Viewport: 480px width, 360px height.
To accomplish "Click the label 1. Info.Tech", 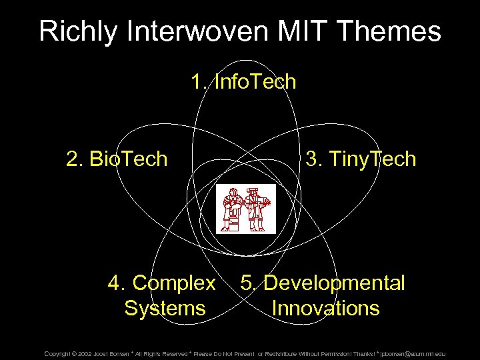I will (x=243, y=83).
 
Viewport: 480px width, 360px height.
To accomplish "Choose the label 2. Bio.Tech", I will (x=117, y=159).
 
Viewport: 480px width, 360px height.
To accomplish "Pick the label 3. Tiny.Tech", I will (x=360, y=159).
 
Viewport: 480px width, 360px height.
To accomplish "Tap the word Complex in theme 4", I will (x=174, y=283).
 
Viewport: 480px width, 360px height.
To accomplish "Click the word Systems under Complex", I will (x=165, y=309).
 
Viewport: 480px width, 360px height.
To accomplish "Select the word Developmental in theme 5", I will (x=334, y=283).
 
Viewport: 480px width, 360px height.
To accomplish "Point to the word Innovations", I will (x=325, y=309).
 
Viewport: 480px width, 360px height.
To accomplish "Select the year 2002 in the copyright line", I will (x=85, y=353).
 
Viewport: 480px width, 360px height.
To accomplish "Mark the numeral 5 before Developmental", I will (x=247, y=283).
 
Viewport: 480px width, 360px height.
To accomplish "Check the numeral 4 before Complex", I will (x=114, y=283).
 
